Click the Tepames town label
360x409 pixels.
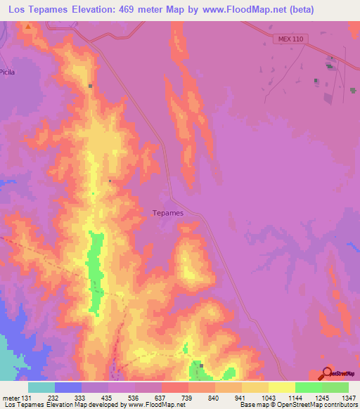pyautogui.click(x=168, y=212)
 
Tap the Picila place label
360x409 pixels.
pyautogui.click(x=8, y=72)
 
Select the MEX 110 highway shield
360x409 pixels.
pyautogui.click(x=288, y=39)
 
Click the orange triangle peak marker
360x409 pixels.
pyautogui.click(x=28, y=26)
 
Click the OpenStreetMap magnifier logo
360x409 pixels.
pyautogui.click(x=326, y=373)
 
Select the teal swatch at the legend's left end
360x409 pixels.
pyautogui.click(x=41, y=387)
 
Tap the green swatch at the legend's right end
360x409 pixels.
pyautogui.click(x=335, y=387)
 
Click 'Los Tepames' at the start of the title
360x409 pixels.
pyautogui.click(x=34, y=9)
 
